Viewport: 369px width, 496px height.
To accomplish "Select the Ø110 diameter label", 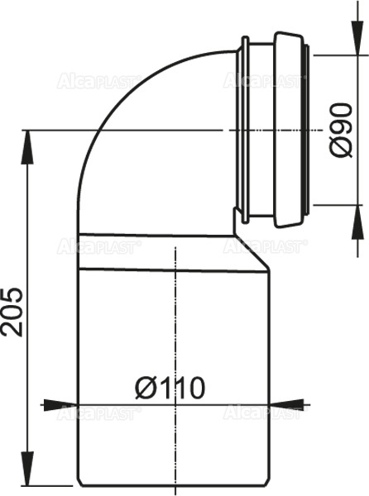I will pyautogui.click(x=170, y=387).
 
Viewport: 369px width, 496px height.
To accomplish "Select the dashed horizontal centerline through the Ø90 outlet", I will pyautogui.click(x=165, y=130).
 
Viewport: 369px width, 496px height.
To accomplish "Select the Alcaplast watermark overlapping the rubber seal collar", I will pyautogui.click(x=265, y=81).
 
